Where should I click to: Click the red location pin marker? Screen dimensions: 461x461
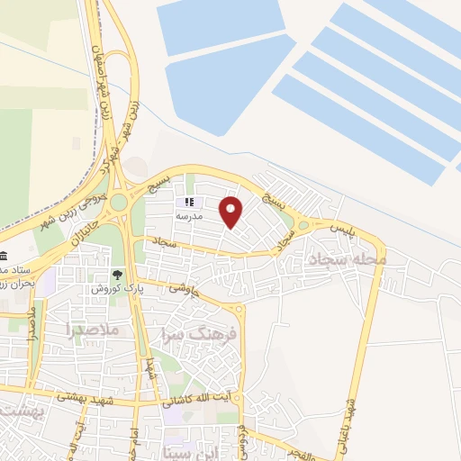coord(231,212)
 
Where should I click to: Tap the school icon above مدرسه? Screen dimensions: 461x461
coord(189,203)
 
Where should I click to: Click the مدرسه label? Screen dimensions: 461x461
coord(189,217)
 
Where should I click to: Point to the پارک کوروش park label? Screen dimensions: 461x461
coord(112,288)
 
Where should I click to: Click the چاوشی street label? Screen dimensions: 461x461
coord(181,289)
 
